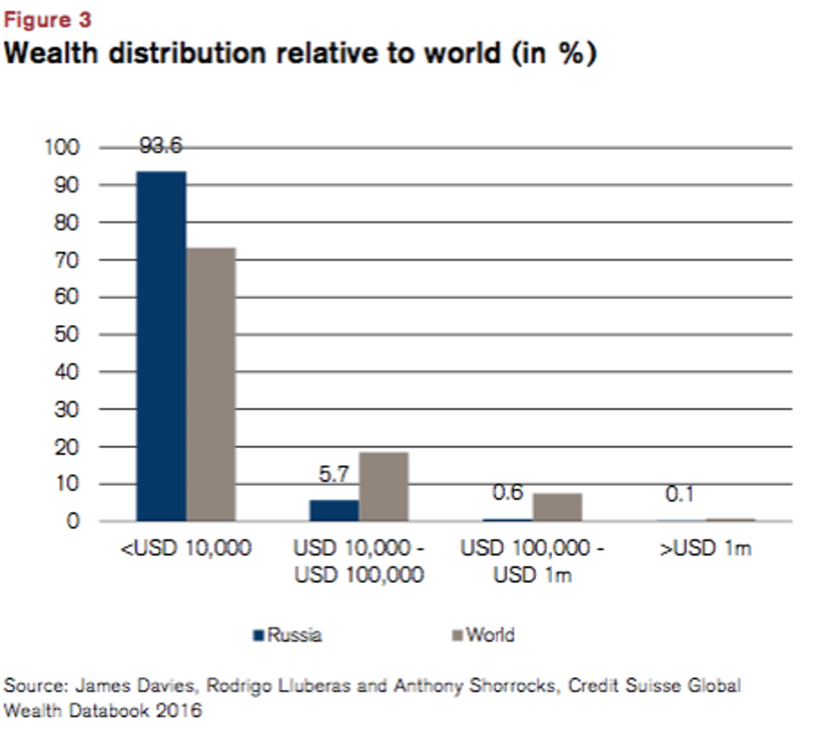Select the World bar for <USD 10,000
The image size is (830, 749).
point(211,384)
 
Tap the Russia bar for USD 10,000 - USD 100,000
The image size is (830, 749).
point(334,510)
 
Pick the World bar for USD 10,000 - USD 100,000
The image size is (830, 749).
point(384,486)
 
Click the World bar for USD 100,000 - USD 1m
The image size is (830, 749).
point(557,507)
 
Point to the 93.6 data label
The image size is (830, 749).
point(161,146)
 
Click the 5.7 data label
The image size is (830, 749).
point(334,474)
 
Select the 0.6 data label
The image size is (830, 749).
point(507,493)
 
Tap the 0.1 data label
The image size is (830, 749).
point(680,495)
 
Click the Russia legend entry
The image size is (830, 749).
point(288,635)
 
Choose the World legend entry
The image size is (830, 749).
point(484,635)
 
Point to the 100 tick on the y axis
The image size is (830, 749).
point(62,147)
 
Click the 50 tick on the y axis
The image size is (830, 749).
point(66,335)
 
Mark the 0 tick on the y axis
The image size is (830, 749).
point(73,521)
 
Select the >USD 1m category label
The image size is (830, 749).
point(705,549)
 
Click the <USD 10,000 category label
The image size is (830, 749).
point(186,549)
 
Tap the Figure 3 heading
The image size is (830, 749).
point(47,20)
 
